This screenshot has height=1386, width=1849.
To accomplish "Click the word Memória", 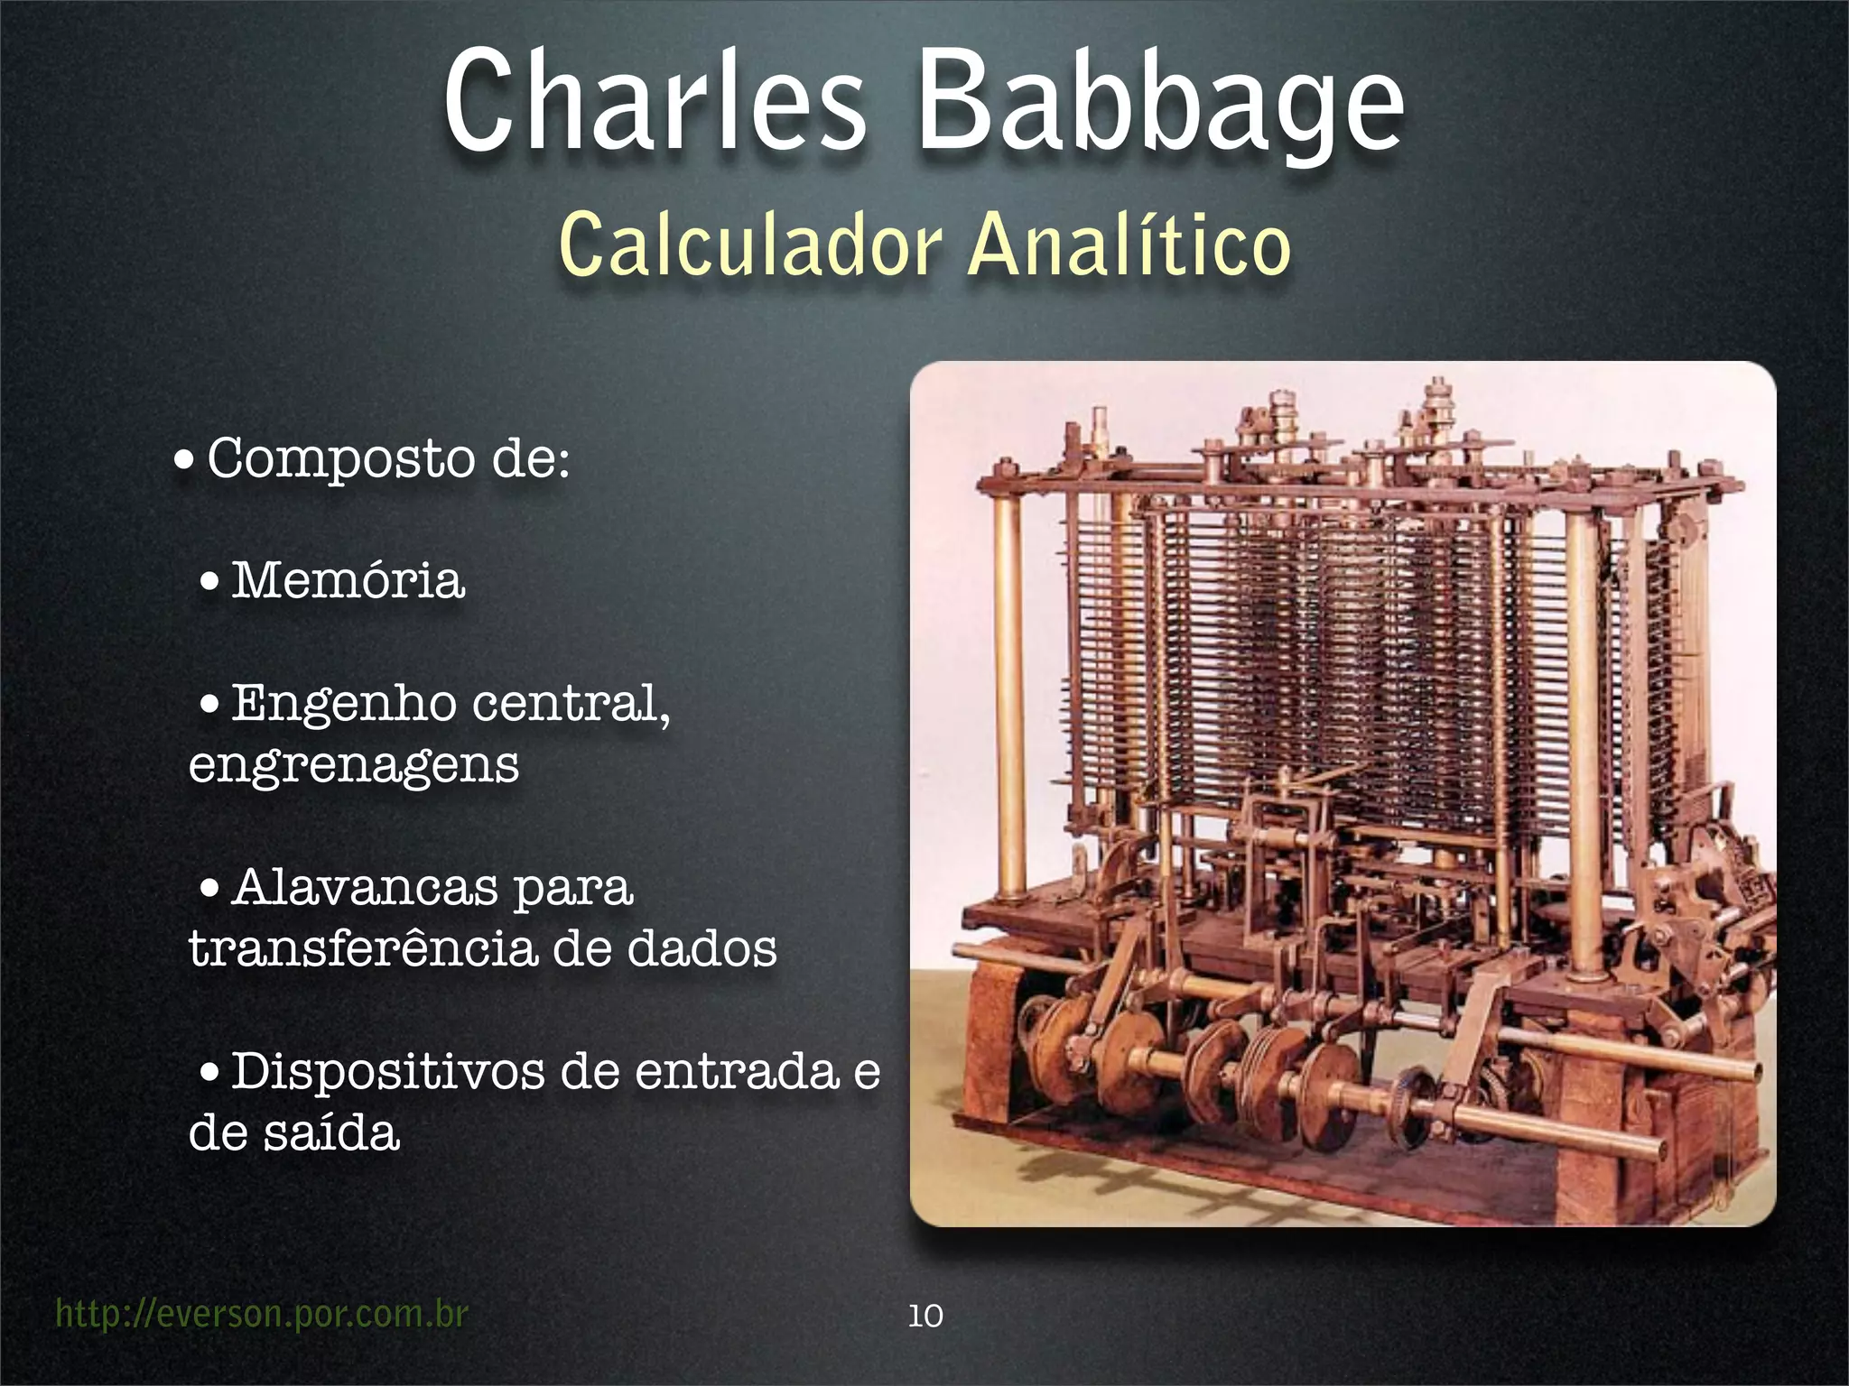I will click(348, 580).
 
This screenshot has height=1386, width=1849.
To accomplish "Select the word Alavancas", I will click(365, 888).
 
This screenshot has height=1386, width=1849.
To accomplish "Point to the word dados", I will click(701, 948).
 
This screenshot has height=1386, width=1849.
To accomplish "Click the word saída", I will click(331, 1133).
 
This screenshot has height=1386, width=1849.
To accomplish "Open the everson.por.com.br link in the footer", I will click(262, 1314).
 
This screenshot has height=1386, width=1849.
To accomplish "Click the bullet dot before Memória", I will click(209, 582).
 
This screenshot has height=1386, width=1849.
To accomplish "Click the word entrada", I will click(737, 1072).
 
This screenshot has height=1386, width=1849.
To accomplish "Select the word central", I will click(571, 705).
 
